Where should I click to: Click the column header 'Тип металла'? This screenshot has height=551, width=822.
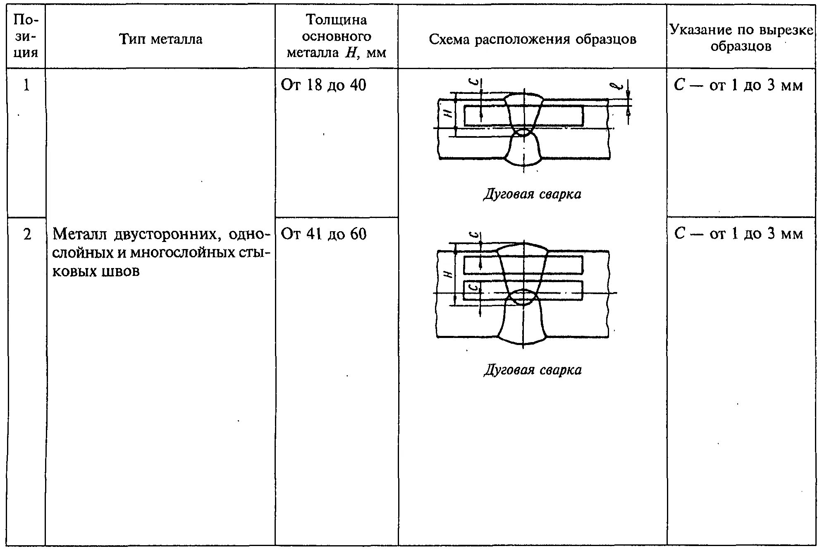[160, 39]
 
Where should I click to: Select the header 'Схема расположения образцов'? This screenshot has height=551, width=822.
[532, 39]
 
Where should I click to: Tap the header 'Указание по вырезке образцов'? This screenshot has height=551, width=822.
[741, 38]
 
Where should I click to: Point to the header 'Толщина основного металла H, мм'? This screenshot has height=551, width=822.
[336, 36]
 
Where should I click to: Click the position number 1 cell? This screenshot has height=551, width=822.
[26, 85]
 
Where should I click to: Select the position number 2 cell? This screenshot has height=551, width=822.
[27, 235]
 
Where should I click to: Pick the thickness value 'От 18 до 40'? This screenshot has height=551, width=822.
[323, 85]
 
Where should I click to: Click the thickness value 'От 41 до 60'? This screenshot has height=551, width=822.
[323, 234]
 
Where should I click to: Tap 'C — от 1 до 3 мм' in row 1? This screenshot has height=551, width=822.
[738, 85]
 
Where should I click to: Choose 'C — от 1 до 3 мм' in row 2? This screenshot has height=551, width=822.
[738, 234]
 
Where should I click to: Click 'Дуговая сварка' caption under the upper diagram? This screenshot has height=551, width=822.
[532, 194]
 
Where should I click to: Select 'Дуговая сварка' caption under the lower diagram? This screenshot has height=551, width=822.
[533, 370]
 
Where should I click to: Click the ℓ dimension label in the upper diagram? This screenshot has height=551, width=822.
[616, 86]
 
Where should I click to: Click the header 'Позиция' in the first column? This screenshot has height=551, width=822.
[26, 36]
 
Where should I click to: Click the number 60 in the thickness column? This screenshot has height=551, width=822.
[358, 234]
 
